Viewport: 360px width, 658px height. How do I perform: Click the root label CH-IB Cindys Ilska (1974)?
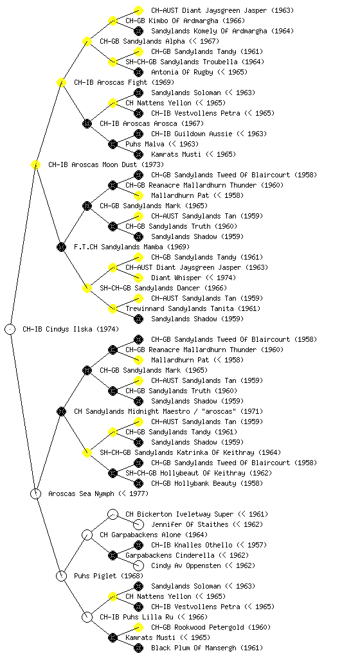point(71,329)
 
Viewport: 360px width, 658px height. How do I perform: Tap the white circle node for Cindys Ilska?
point(10,329)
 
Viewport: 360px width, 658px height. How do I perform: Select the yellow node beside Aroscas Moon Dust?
point(35,164)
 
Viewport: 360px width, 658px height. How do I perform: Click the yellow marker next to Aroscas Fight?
point(61,82)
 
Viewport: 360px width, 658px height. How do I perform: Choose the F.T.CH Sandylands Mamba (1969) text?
point(132,247)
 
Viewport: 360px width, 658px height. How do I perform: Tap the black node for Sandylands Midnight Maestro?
point(61,411)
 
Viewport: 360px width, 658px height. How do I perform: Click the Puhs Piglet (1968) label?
point(109,576)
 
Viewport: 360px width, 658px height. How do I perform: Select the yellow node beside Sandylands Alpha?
point(87,41)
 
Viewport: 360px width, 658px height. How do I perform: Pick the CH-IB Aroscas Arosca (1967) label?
point(152,123)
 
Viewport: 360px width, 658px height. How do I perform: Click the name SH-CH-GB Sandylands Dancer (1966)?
point(163,288)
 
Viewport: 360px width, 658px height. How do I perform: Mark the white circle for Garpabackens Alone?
point(87,535)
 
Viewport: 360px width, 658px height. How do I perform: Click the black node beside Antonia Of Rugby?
point(138,72)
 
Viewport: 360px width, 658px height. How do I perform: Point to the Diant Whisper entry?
point(194,278)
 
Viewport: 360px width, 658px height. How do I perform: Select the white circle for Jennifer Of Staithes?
point(138,524)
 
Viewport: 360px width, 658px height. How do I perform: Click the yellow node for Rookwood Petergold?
point(138,627)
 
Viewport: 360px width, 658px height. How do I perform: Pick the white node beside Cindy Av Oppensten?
point(138,565)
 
